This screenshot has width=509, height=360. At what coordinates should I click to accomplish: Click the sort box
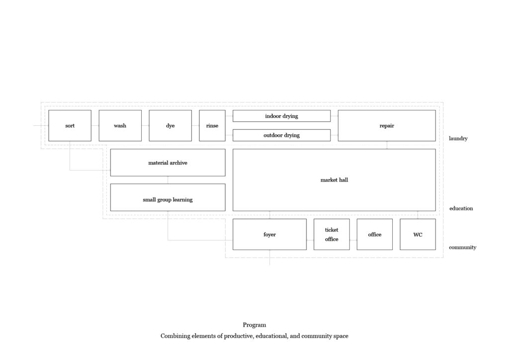(x=70, y=126)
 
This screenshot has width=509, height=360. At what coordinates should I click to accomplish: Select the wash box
(x=120, y=126)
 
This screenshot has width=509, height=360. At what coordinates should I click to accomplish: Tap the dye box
(x=170, y=126)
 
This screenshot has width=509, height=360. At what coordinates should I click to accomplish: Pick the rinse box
(x=212, y=126)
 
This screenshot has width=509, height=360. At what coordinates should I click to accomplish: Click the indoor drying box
(x=281, y=116)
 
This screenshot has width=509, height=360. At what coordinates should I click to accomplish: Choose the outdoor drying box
(x=281, y=135)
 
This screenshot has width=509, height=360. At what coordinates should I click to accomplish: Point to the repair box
(x=387, y=126)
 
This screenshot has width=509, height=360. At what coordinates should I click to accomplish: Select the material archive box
(x=168, y=163)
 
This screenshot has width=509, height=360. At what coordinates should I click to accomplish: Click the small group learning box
(x=168, y=197)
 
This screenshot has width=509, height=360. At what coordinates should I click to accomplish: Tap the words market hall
(x=335, y=180)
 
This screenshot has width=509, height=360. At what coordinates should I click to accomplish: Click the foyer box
(x=269, y=234)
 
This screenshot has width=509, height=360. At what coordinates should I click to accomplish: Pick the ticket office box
(x=332, y=234)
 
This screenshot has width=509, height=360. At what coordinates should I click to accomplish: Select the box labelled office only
(x=375, y=234)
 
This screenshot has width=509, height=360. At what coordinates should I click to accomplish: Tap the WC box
(x=418, y=234)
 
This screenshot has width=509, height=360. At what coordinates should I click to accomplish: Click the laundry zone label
(x=458, y=139)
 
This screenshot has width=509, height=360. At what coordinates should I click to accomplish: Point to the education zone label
(x=461, y=208)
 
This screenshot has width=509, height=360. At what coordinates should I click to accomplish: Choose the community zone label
(x=463, y=247)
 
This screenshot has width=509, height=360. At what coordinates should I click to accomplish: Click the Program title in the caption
(x=254, y=325)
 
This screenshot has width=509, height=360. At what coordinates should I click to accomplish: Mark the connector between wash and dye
(x=145, y=126)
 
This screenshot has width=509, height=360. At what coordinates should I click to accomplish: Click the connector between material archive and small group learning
(x=168, y=180)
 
